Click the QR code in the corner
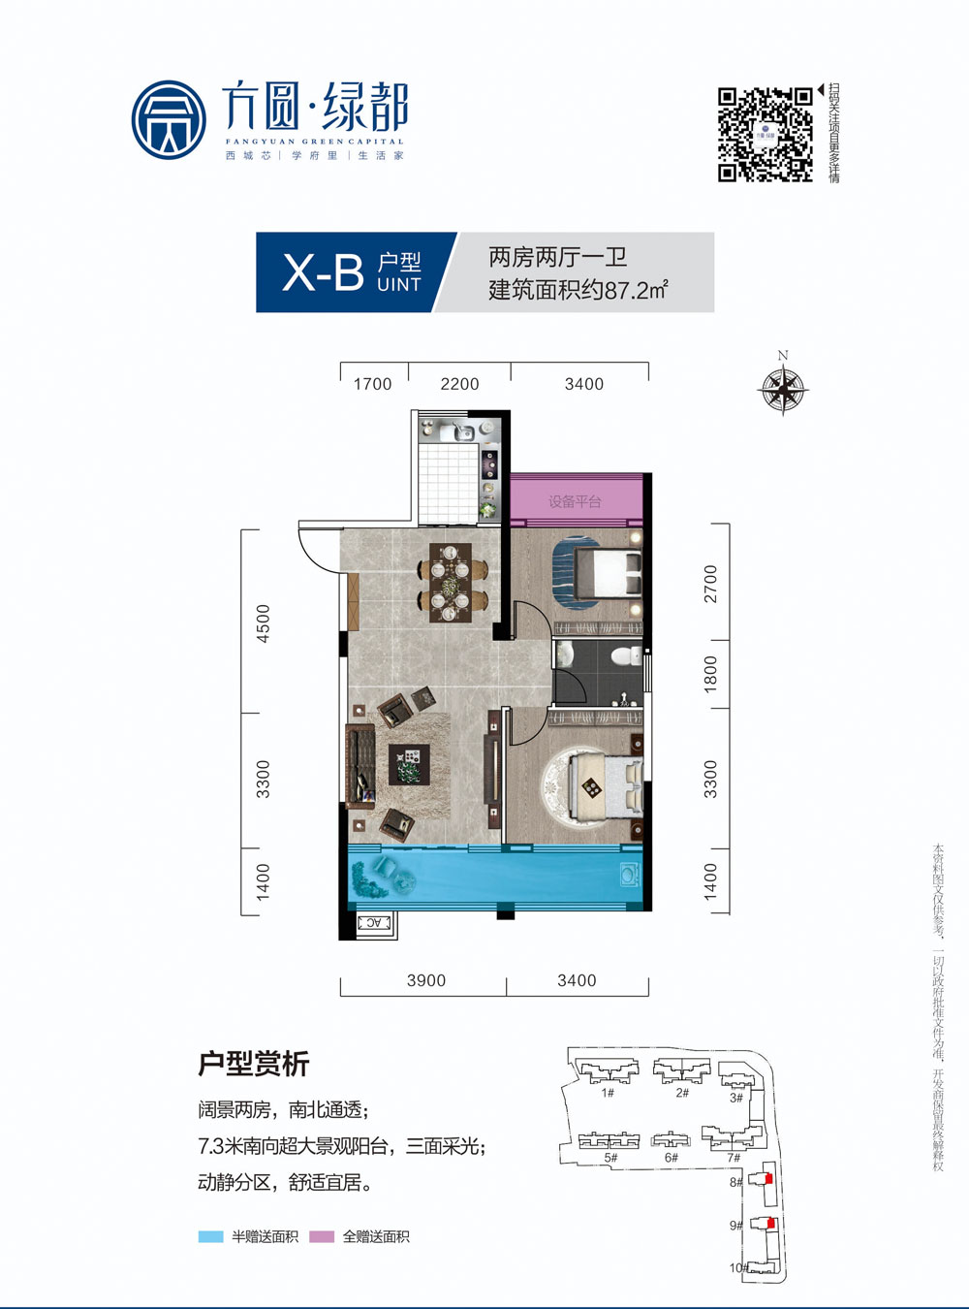765,135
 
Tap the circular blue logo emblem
169,120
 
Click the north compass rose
783,390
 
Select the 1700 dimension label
372,384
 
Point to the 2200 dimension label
459,384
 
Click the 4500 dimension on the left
263,623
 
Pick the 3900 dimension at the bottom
426,980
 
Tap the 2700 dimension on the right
710,583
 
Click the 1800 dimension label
710,674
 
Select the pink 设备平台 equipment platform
576,500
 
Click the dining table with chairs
452,582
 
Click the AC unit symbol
374,923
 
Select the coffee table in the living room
407,763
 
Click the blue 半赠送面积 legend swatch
210,1236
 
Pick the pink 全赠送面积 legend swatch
322,1236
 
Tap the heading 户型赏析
253,1064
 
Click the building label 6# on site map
671,1157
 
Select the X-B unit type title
323,272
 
